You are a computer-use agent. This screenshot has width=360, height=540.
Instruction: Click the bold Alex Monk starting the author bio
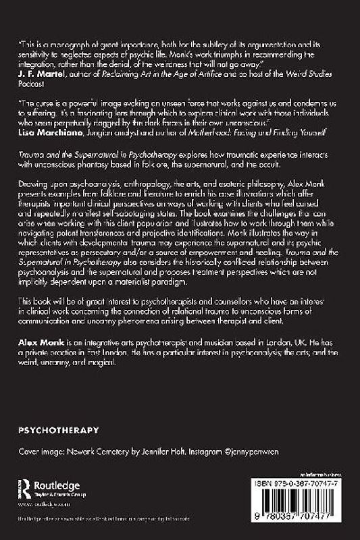38,342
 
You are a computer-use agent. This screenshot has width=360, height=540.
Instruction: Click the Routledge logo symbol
24,489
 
